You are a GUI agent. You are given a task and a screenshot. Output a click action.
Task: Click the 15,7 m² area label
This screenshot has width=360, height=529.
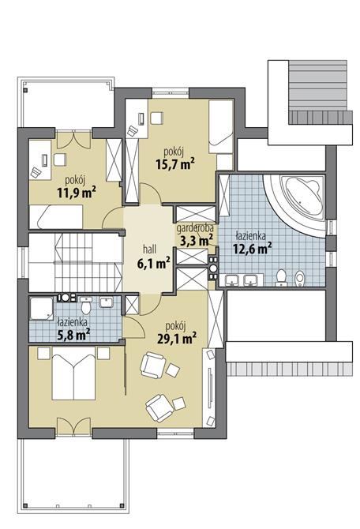176,163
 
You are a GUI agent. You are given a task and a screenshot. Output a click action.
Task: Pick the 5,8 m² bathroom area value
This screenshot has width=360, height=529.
72,332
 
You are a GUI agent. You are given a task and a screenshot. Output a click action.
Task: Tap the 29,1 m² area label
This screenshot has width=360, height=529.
176,340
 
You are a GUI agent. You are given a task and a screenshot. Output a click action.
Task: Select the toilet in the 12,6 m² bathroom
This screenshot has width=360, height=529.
282,276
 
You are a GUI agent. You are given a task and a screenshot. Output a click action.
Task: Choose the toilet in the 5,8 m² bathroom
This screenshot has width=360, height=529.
84,301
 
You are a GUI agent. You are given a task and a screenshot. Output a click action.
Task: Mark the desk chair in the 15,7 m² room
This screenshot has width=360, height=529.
155,119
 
